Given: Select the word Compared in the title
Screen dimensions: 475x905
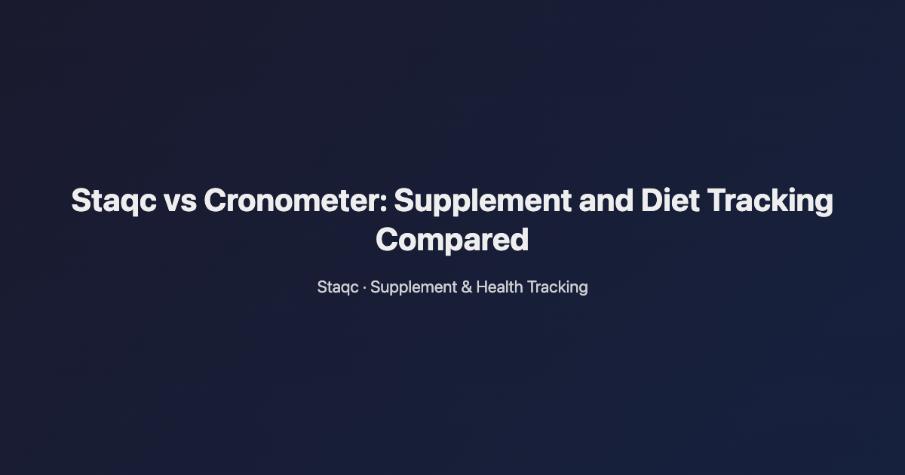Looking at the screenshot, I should pos(452,240).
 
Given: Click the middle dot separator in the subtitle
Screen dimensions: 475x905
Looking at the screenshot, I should pos(365,287).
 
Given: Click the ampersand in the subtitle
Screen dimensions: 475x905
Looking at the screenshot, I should pos(466,287).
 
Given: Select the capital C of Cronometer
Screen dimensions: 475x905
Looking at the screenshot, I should pos(214,201).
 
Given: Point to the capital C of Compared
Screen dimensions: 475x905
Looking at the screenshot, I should pos(388,240).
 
